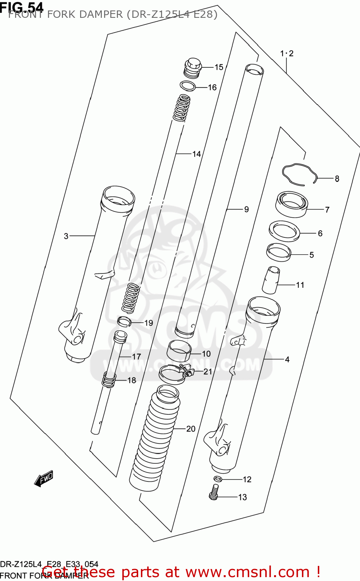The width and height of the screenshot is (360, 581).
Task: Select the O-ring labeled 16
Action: pyautogui.click(x=187, y=86)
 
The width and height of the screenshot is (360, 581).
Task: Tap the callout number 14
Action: pyautogui.click(x=197, y=154)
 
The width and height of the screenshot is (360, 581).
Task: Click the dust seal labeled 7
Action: pyautogui.click(x=291, y=205)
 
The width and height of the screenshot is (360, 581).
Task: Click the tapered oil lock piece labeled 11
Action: pyautogui.click(x=271, y=280)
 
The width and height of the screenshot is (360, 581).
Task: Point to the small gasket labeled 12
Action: pyautogui.click(x=218, y=479)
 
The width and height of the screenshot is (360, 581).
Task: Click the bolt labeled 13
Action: pyautogui.click(x=214, y=493)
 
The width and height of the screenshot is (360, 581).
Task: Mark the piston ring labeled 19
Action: pyautogui.click(x=124, y=321)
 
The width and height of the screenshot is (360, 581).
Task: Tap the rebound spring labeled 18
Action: pyautogui.click(x=109, y=380)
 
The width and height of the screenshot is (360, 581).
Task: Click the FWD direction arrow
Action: pyautogui.click(x=43, y=479)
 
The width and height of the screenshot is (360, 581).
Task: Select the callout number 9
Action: pyautogui.click(x=246, y=210)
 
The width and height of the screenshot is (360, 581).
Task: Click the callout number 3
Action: pyautogui.click(x=66, y=236)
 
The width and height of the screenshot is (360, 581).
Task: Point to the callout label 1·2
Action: pyautogui.click(x=287, y=53)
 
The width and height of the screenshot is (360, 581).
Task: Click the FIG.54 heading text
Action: pyautogui.click(x=22, y=7)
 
